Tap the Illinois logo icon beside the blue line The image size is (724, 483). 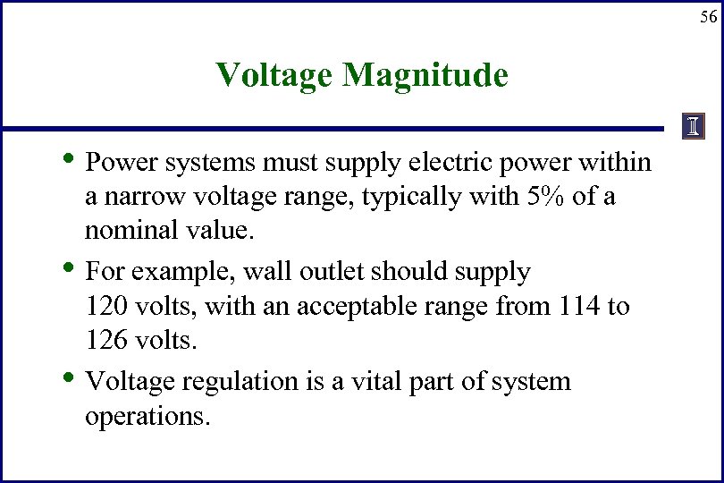[x=693, y=127]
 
